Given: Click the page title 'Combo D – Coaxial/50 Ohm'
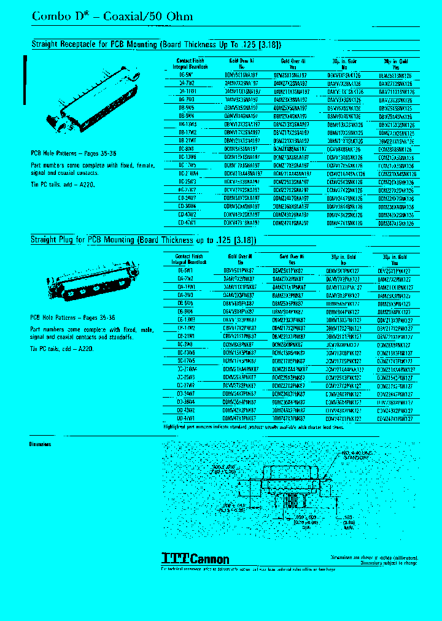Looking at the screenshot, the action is [x=112, y=17].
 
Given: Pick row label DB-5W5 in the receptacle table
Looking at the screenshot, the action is [x=187, y=106].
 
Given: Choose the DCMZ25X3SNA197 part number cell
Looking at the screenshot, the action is [x=292, y=182].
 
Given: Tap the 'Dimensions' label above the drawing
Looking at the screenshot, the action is [x=40, y=444].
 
